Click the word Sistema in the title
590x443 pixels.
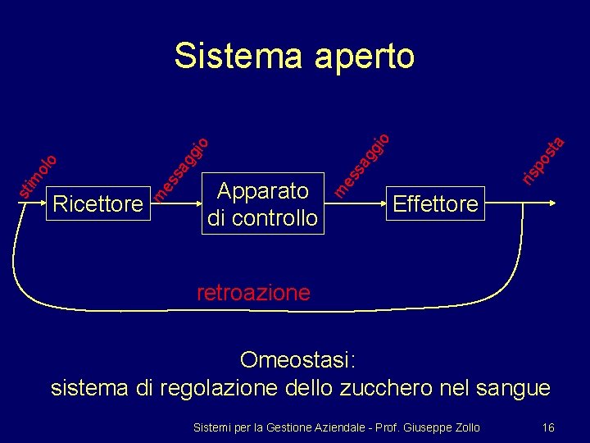[231, 56]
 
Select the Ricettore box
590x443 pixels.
[97, 203]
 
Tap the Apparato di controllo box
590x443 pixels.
[263, 204]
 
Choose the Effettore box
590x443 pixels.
[435, 203]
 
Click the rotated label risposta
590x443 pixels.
[542, 158]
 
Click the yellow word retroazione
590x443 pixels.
[253, 292]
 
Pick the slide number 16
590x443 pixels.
[548, 427]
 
